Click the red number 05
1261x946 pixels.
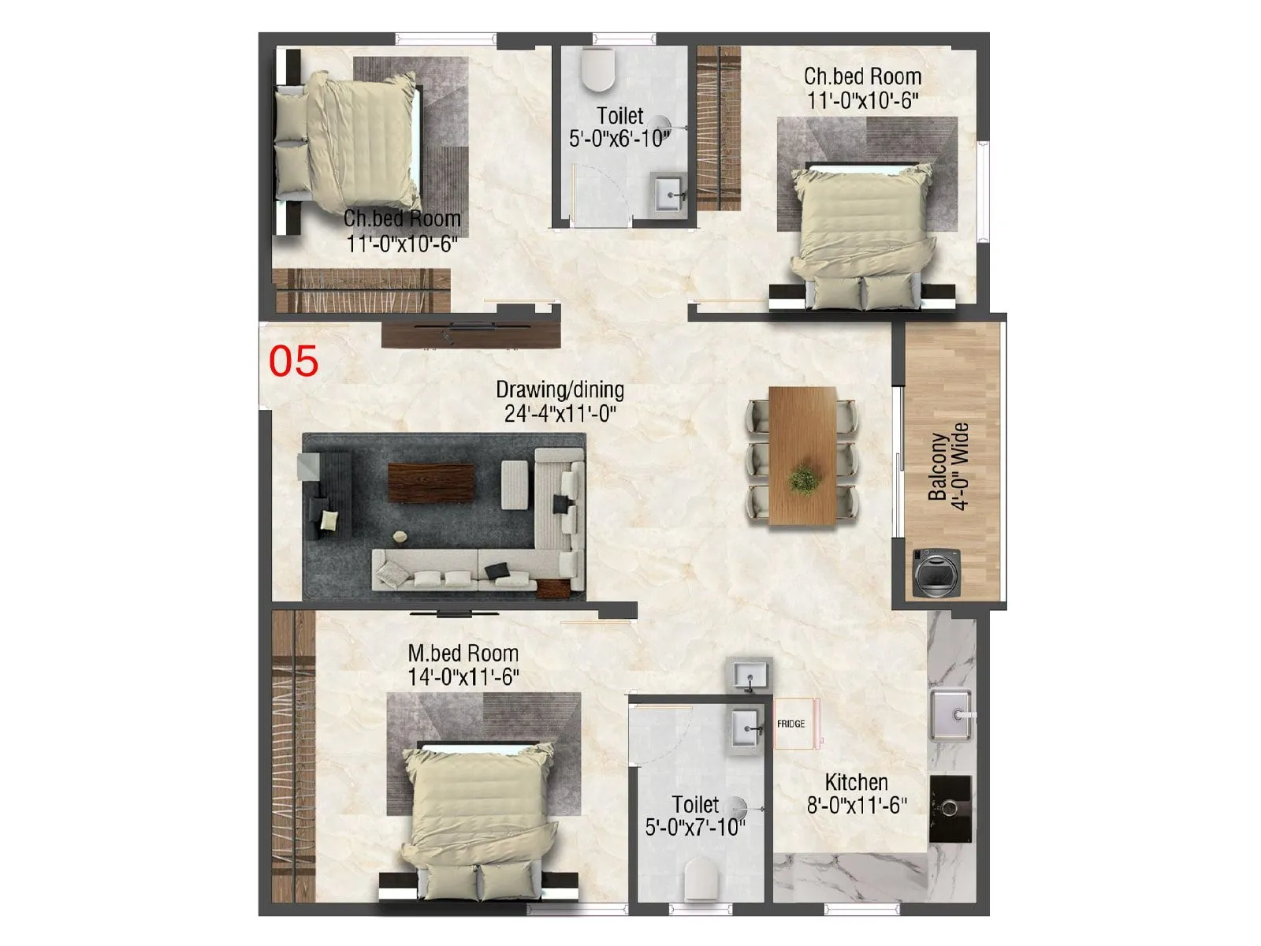[x=293, y=361]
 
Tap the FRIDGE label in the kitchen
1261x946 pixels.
[x=790, y=724]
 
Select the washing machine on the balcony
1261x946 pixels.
[x=936, y=572]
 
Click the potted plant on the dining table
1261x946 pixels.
[x=803, y=479]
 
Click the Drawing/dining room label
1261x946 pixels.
[x=560, y=389]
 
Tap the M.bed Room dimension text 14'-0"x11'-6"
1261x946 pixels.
[x=463, y=677]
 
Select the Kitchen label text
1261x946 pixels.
[x=856, y=782]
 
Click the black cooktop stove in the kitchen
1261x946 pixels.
[x=950, y=808]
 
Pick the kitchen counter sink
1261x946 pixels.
[x=951, y=715]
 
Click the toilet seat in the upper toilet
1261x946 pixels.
[x=597, y=69]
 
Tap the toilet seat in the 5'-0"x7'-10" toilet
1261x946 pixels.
[x=701, y=878]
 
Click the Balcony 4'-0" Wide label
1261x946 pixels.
[x=948, y=466]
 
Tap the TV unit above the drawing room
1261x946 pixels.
[x=471, y=333]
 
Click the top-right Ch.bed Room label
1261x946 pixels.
[x=862, y=76]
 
